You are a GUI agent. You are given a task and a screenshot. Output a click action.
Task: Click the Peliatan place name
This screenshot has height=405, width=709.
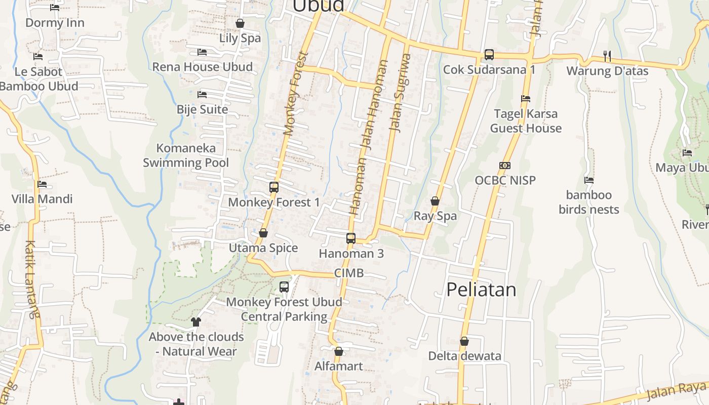[x=481, y=290]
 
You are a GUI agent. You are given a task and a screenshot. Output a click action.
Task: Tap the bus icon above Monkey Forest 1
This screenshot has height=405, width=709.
[x=274, y=187]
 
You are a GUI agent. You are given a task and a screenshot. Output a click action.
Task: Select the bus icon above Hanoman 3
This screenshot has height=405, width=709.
[x=351, y=238]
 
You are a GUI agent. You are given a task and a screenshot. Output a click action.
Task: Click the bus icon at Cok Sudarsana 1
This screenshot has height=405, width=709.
[x=489, y=55]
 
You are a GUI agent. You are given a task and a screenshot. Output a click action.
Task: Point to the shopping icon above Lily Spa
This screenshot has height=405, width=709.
[x=240, y=23]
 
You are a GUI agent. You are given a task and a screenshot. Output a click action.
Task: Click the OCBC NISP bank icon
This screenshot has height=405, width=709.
[x=505, y=166]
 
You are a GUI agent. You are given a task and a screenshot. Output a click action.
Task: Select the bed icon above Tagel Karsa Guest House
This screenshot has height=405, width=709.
[x=526, y=99]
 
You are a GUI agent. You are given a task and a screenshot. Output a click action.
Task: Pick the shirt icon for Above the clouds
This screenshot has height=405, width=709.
[x=196, y=321]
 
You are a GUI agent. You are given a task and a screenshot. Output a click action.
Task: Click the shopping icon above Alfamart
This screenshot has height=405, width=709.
[x=339, y=351]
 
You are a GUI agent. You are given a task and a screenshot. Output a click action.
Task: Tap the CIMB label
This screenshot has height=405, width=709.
[x=349, y=273]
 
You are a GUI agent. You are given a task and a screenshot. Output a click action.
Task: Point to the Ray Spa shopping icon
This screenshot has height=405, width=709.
[x=435, y=201]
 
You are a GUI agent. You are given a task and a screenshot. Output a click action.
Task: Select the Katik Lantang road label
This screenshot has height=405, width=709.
[x=31, y=279]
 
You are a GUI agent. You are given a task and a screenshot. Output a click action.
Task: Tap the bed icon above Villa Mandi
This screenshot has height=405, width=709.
[x=42, y=184]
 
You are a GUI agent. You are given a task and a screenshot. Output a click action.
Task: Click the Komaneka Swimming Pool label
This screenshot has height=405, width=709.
[x=186, y=155]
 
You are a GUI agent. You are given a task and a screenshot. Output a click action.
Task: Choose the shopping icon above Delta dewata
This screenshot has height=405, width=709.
[x=464, y=342]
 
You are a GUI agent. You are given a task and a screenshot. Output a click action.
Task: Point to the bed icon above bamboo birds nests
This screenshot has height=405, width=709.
[x=589, y=180]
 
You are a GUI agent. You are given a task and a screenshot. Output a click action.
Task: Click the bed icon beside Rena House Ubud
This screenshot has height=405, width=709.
[x=202, y=52]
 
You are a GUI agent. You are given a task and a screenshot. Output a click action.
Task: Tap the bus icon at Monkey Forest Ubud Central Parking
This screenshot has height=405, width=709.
[x=284, y=287]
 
